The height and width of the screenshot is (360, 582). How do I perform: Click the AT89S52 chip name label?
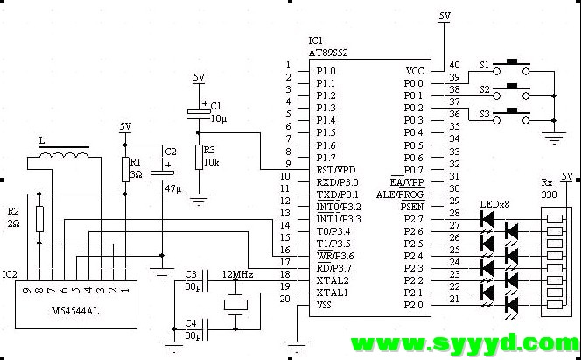pos(328,53)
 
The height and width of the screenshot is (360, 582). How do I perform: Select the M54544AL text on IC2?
pos(75,311)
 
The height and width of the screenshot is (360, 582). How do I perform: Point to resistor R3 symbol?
pos(199,157)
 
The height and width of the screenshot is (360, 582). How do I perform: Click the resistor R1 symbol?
pos(125,169)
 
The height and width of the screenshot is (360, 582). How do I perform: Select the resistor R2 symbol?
pos(39,219)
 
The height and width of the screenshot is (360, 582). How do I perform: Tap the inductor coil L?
pos(64,156)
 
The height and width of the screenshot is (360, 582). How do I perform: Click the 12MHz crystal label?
pos(237,274)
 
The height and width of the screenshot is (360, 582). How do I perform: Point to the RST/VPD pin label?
pos(335,170)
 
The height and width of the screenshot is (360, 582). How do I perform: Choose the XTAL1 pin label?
pos(332,293)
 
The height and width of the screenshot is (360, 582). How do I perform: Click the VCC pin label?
pos(415,71)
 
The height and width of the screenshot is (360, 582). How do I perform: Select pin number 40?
pos(455,65)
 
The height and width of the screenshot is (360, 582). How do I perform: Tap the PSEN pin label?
pos(412,207)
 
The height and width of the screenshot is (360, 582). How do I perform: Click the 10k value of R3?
pos(211,162)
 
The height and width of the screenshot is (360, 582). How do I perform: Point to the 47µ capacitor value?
pos(173,188)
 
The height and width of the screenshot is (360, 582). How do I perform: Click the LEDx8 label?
pos(494,204)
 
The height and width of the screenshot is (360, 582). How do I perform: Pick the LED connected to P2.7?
pos(487,219)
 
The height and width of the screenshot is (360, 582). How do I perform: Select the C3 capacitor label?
pos(191,274)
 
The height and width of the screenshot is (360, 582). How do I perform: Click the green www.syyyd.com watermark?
pos(465,344)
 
